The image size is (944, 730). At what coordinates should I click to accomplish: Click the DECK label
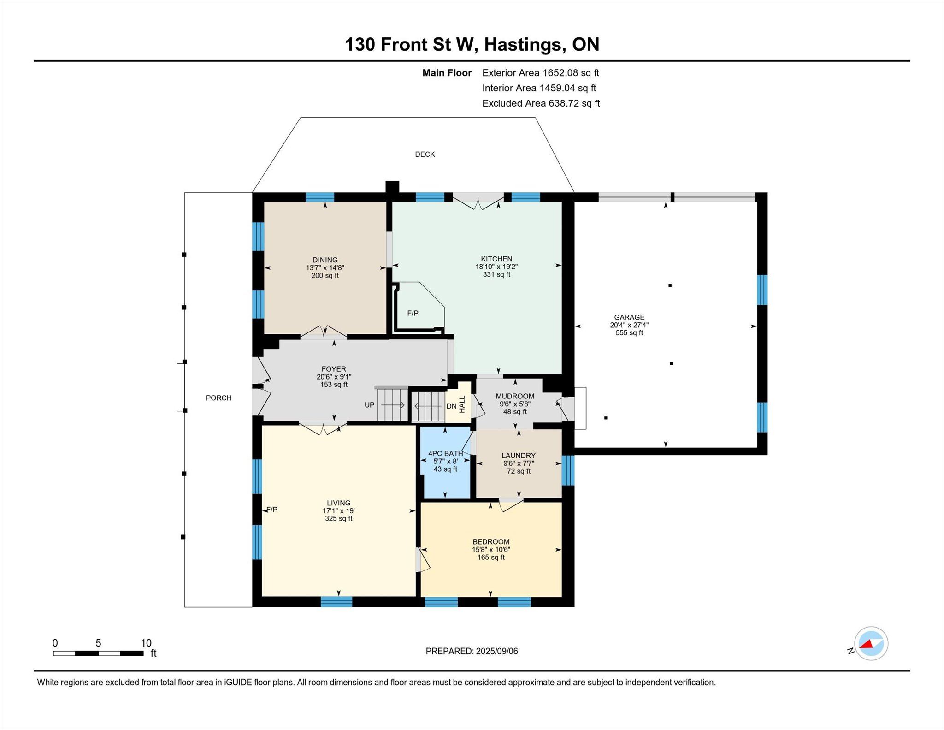tap(425, 154)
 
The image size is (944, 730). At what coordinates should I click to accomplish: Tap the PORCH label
tap(218, 398)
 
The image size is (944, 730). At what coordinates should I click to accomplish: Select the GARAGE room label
tap(629, 317)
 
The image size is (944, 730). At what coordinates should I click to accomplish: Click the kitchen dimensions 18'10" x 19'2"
tap(496, 267)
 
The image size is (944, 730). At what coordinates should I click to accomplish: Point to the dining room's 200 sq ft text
tap(325, 276)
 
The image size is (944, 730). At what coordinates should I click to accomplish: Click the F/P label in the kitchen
tap(413, 314)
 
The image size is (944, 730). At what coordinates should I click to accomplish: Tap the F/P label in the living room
tap(272, 510)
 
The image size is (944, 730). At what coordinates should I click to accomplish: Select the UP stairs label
tap(369, 405)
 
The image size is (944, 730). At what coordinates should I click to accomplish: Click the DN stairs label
tap(451, 406)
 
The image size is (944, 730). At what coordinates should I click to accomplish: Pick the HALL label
tap(462, 404)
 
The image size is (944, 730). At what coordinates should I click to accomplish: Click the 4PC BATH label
tap(445, 454)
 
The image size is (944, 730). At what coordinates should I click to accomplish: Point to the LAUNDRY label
tap(519, 456)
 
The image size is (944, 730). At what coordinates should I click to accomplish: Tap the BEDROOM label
tap(491, 542)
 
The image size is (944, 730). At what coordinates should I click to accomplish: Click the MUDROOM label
tap(515, 396)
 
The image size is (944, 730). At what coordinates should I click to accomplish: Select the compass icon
tap(871, 644)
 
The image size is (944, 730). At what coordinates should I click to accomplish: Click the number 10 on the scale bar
tap(146, 643)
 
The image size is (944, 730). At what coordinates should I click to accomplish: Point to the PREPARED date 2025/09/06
tap(497, 651)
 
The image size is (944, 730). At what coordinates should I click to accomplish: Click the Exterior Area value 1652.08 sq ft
tap(571, 73)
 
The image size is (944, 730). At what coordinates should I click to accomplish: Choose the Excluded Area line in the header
tap(541, 103)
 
